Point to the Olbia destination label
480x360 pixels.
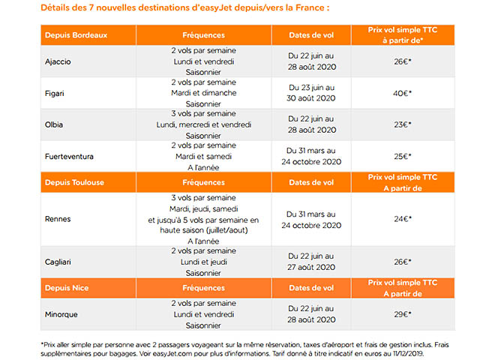[x=54, y=124]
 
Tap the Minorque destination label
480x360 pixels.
[x=61, y=314]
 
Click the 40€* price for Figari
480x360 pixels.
[x=403, y=93]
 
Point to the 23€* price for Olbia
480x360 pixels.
[x=403, y=124]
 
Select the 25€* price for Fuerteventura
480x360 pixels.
[x=403, y=156]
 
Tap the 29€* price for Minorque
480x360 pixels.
[x=403, y=314]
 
